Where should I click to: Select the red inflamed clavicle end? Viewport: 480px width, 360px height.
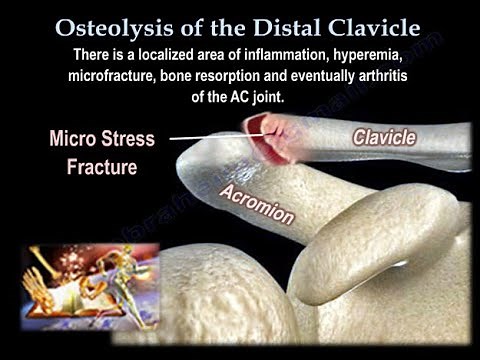[x=273, y=138]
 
